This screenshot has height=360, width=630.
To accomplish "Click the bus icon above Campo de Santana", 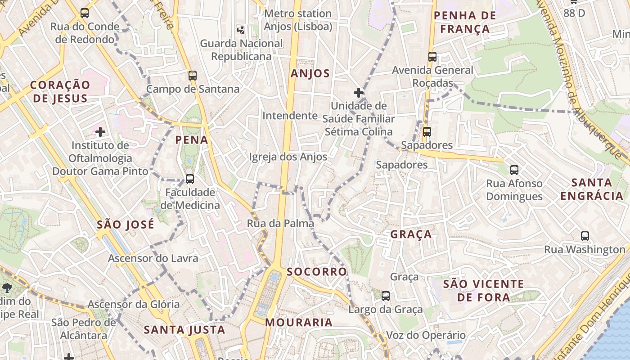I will pos(193,75).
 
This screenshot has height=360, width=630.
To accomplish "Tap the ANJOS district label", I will pos(310,74).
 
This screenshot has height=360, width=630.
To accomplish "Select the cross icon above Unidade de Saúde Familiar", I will pos(359,93).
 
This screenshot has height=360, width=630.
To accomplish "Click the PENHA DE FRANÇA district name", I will pos(465,22).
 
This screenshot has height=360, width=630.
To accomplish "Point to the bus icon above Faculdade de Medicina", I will pos(190,179).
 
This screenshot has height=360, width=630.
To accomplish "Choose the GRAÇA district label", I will pos(411,234).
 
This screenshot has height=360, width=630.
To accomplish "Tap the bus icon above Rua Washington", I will pos(585,236).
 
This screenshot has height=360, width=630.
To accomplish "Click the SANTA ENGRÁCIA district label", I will pos(592,189).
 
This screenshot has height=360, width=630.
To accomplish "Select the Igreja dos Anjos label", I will pos(288,157).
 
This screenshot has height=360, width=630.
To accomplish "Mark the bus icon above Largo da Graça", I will pos(386,296).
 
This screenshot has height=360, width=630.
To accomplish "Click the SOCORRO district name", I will pos(317,272).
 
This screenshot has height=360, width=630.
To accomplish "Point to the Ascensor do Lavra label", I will pos(153,258).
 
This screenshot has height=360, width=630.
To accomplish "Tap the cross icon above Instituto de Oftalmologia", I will pos(100,132).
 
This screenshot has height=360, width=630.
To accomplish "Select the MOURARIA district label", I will pos(299,323).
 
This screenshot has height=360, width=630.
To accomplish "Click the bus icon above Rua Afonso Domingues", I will pos(514,170).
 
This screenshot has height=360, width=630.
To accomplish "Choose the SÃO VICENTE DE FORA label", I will pos(484,291).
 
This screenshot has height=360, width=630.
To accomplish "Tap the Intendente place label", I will pos(290,116).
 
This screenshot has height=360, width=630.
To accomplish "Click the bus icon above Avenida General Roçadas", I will pos(432,57).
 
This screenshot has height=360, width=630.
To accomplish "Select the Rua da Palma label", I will pos(280,223).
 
